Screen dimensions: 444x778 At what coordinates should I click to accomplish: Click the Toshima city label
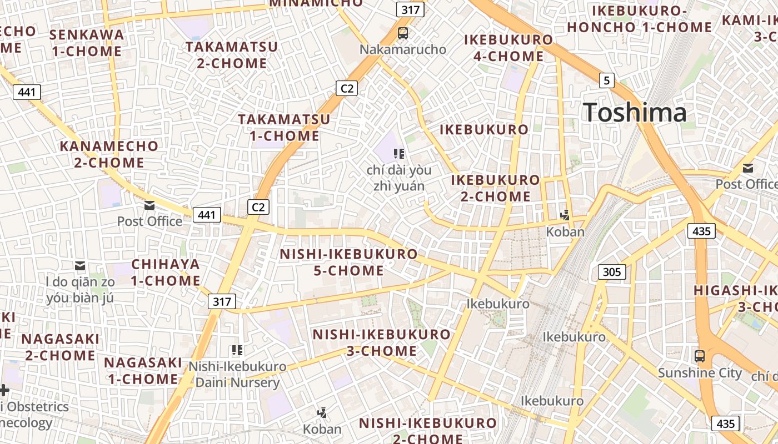pos(635,113)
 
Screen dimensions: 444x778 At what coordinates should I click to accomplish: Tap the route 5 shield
pos(606,80)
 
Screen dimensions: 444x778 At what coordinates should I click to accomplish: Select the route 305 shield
pos(612,272)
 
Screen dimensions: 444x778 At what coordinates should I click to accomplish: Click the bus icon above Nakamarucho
pos(403,33)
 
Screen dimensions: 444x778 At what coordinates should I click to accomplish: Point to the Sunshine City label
pos(700,372)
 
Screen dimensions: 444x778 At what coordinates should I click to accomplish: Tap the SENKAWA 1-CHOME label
pos(86,43)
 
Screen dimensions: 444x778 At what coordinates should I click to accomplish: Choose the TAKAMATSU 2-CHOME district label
pos(232,54)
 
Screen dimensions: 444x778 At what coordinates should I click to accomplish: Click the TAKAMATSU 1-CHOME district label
pos(284,127)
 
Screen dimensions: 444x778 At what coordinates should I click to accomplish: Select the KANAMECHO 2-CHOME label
pos(109,154)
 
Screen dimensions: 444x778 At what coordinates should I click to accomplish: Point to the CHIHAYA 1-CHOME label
pos(166,272)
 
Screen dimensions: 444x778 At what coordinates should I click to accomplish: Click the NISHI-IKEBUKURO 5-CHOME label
pos(348,262)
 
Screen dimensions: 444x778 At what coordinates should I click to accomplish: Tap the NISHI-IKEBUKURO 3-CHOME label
pos(381,342)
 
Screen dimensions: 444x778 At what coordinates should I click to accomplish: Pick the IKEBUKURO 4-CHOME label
pos(508,48)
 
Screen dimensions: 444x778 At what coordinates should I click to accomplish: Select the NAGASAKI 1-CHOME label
pos(143,371)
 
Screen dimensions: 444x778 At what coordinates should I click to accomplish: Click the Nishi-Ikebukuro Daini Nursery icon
pos(237,350)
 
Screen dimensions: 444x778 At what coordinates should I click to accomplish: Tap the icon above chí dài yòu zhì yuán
pos(398,153)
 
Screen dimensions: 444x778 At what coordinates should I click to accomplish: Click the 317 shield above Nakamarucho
pos(411,9)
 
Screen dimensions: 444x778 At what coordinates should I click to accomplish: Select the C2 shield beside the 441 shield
pos(258,207)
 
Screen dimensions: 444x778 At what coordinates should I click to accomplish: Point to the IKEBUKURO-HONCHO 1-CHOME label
pos(639,19)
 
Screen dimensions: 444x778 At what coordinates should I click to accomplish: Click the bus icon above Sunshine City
pos(700,356)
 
